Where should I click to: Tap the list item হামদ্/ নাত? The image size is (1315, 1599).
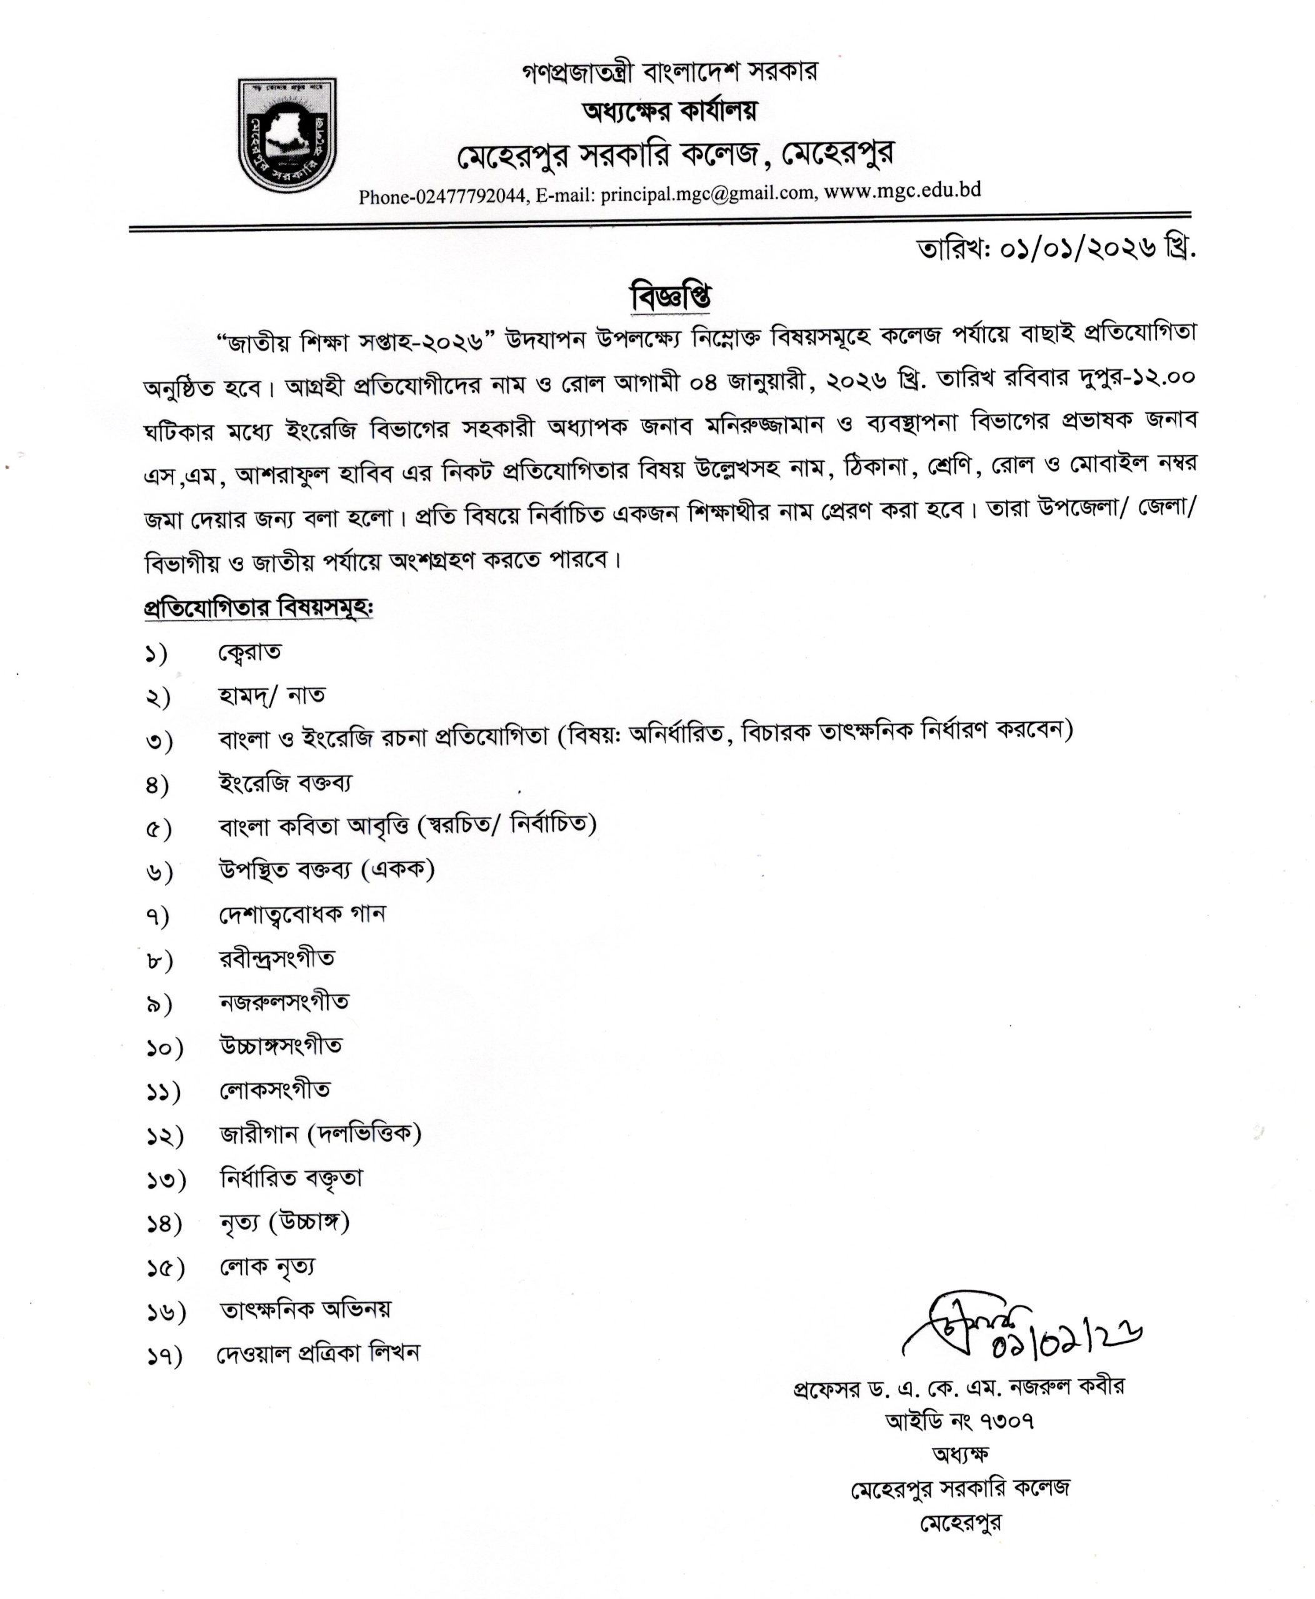(272, 695)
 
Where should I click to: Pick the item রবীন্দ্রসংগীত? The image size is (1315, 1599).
(276, 959)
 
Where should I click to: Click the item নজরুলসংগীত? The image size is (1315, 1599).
(284, 1002)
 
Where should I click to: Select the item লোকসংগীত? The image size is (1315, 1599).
(274, 1089)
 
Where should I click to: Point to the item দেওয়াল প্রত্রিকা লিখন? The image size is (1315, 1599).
(318, 1353)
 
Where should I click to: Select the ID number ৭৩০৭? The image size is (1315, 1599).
(1007, 1421)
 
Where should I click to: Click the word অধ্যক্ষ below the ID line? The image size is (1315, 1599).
(961, 1453)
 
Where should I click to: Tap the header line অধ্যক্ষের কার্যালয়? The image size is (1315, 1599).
(669, 112)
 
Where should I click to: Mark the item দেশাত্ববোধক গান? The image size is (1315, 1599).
(301, 914)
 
